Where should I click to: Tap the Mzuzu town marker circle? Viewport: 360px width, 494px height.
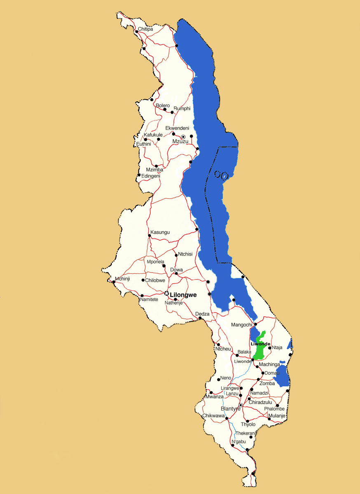(183, 136)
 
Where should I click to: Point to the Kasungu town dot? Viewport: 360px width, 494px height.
(150, 235)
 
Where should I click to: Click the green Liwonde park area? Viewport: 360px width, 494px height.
(259, 350)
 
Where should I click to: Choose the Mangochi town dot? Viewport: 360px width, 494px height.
(255, 324)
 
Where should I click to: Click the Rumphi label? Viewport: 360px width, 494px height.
(182, 108)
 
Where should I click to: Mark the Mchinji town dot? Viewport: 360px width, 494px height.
(114, 282)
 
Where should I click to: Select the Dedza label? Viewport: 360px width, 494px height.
(202, 314)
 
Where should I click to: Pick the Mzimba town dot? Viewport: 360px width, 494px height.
(156, 166)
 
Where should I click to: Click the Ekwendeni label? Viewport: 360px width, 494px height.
(177, 128)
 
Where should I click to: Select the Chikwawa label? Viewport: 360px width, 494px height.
(213, 416)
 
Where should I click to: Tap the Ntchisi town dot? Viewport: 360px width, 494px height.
(176, 255)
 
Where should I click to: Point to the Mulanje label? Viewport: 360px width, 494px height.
(276, 416)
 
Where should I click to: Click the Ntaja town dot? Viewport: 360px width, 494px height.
(270, 348)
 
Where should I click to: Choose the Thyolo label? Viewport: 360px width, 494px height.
(248, 424)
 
